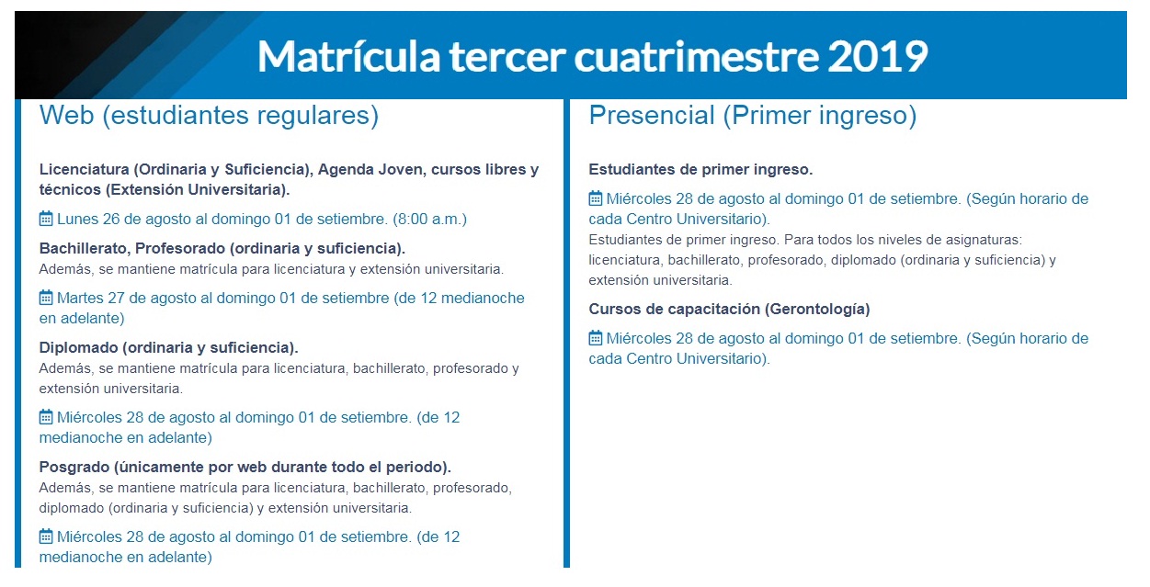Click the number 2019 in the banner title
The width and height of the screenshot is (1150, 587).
(x=877, y=57)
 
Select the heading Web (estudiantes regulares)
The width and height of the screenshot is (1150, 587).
(x=209, y=116)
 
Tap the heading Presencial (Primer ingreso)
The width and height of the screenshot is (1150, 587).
(x=752, y=116)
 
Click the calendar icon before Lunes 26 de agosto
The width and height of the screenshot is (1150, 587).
(x=46, y=219)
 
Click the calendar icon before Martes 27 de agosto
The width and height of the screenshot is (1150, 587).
(x=46, y=298)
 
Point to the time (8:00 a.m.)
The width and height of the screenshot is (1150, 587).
(x=430, y=220)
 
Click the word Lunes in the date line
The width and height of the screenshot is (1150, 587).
(x=78, y=220)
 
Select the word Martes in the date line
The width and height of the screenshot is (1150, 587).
(x=81, y=299)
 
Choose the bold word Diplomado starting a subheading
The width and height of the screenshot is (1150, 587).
(x=77, y=348)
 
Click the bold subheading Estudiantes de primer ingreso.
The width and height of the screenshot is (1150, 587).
(x=700, y=170)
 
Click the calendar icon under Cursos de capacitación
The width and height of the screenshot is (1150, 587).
(x=596, y=338)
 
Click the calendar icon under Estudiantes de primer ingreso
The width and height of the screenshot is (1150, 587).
(x=596, y=198)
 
